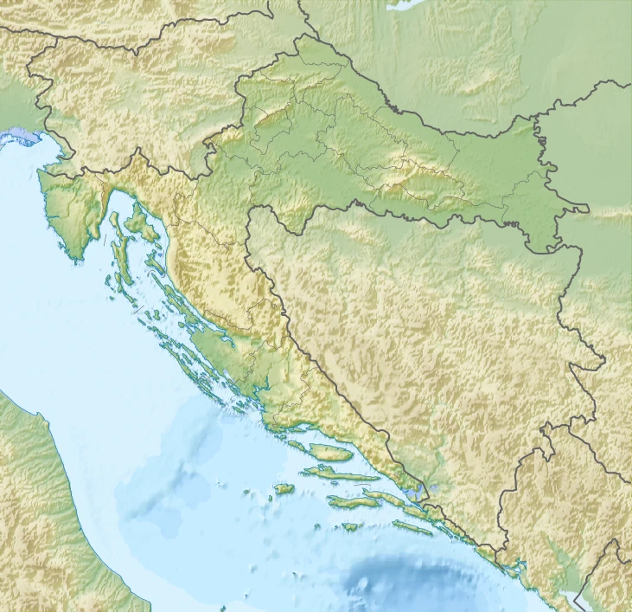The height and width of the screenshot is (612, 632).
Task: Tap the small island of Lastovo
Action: (x=349, y=526)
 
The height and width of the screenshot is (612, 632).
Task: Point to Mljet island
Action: (x=411, y=526)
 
